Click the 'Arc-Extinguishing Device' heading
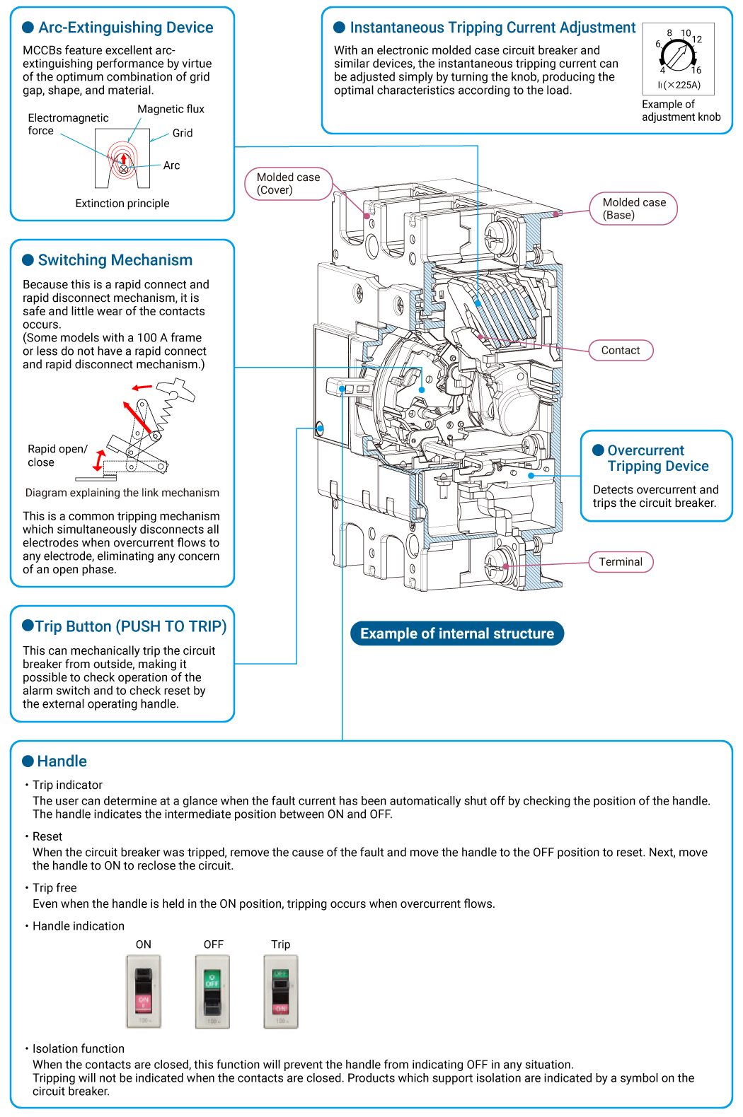click(125, 28)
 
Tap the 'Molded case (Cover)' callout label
click(288, 184)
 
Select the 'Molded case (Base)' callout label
click(634, 209)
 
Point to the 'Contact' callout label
click(621, 351)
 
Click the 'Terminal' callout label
click(621, 562)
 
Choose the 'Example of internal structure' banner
click(457, 633)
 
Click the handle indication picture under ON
click(144, 991)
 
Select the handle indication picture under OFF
click(212, 991)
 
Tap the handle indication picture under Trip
click(281, 991)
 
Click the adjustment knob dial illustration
click(678, 55)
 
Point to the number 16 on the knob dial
click(696, 70)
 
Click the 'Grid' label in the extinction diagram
click(183, 133)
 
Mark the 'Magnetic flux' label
click(171, 109)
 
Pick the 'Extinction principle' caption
click(122, 204)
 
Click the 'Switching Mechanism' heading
click(115, 260)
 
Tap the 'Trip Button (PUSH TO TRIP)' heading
click(131, 626)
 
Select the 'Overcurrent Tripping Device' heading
click(657, 458)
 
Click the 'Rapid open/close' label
click(57, 455)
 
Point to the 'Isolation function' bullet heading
click(78, 1048)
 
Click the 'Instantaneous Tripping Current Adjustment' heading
click(493, 28)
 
